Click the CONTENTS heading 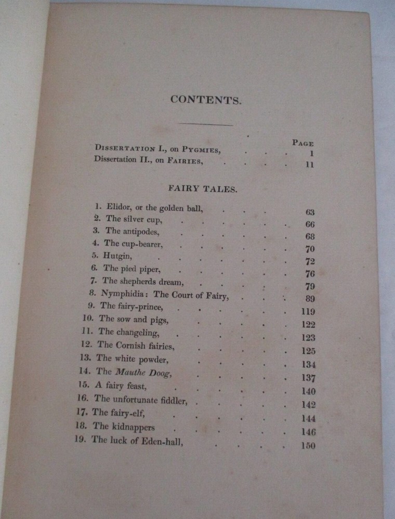pyautogui.click(x=206, y=100)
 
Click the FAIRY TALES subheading pyautogui.click(x=203, y=189)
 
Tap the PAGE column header pyautogui.click(x=302, y=143)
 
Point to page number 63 pyautogui.click(x=310, y=212)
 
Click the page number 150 pyautogui.click(x=308, y=446)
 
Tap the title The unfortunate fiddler pyautogui.click(x=140, y=399)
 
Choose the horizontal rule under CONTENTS pyautogui.click(x=206, y=124)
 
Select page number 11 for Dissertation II pyautogui.click(x=310, y=165)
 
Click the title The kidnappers pyautogui.click(x=123, y=427)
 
